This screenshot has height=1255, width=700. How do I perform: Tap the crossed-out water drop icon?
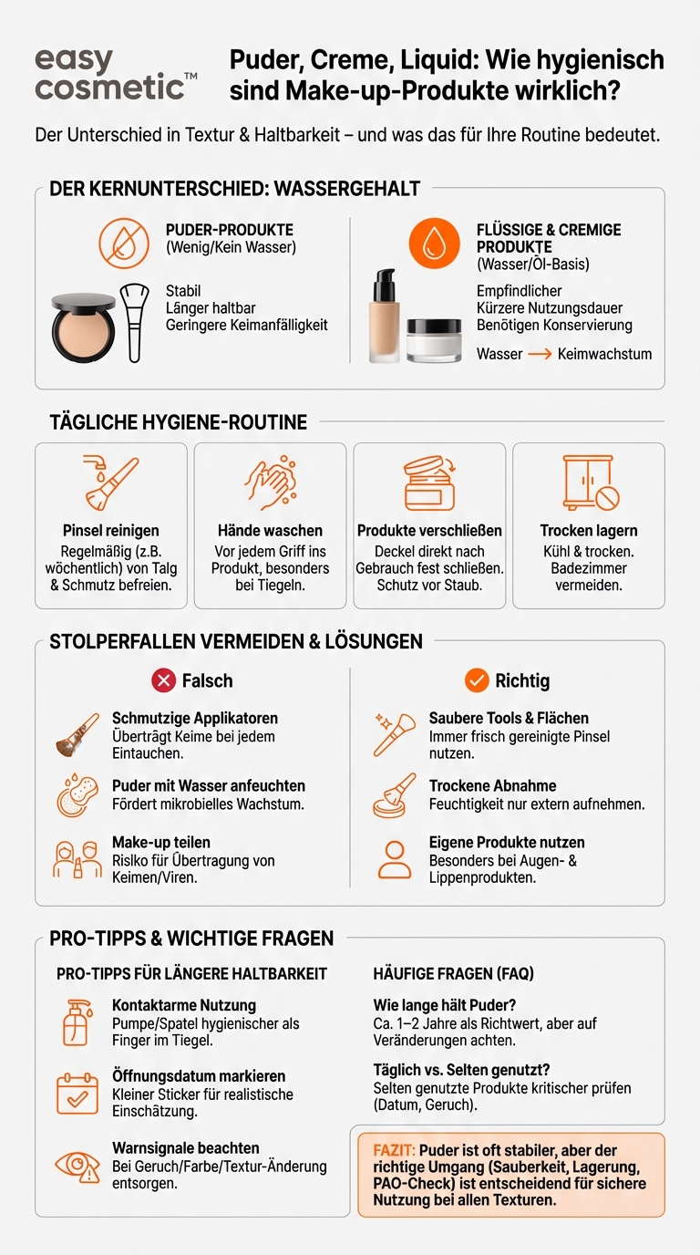[124, 243]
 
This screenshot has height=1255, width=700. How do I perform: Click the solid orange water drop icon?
[435, 243]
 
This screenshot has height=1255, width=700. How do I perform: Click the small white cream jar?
[434, 340]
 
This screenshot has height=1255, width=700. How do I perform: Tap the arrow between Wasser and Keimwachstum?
[540, 354]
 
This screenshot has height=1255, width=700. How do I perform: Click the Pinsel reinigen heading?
[111, 531]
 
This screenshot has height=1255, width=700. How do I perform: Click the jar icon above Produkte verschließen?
[429, 483]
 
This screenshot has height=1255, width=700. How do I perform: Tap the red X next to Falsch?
[164, 680]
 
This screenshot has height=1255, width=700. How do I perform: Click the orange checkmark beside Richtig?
[477, 680]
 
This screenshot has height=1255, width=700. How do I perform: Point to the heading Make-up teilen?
[161, 843]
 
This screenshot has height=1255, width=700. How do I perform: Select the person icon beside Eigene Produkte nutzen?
[395, 858]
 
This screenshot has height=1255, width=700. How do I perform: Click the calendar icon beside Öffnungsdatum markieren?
[77, 1093]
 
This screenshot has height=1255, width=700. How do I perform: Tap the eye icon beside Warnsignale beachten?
[77, 1165]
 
